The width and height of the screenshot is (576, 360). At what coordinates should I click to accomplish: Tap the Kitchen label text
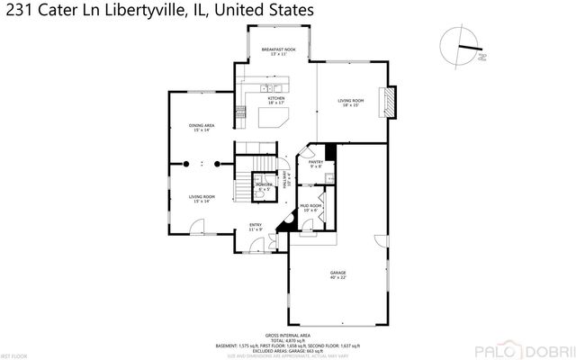pos(275,100)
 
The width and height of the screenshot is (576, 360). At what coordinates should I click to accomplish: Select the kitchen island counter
pos(274,117)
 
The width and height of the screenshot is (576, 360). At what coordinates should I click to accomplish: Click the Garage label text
pos(338,273)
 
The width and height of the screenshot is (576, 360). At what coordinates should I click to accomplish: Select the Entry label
pos(256,226)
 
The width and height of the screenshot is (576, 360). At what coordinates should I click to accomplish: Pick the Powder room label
pos(264,186)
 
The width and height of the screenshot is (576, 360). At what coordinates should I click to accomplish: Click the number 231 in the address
pos(20,12)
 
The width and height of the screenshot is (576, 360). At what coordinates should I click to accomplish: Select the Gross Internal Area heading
pos(288,333)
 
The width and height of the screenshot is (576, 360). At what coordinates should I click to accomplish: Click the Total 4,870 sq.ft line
pos(288,339)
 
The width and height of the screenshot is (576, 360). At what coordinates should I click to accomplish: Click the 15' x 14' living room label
pos(201,199)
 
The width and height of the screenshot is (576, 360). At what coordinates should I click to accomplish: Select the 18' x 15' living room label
pos(349,103)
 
